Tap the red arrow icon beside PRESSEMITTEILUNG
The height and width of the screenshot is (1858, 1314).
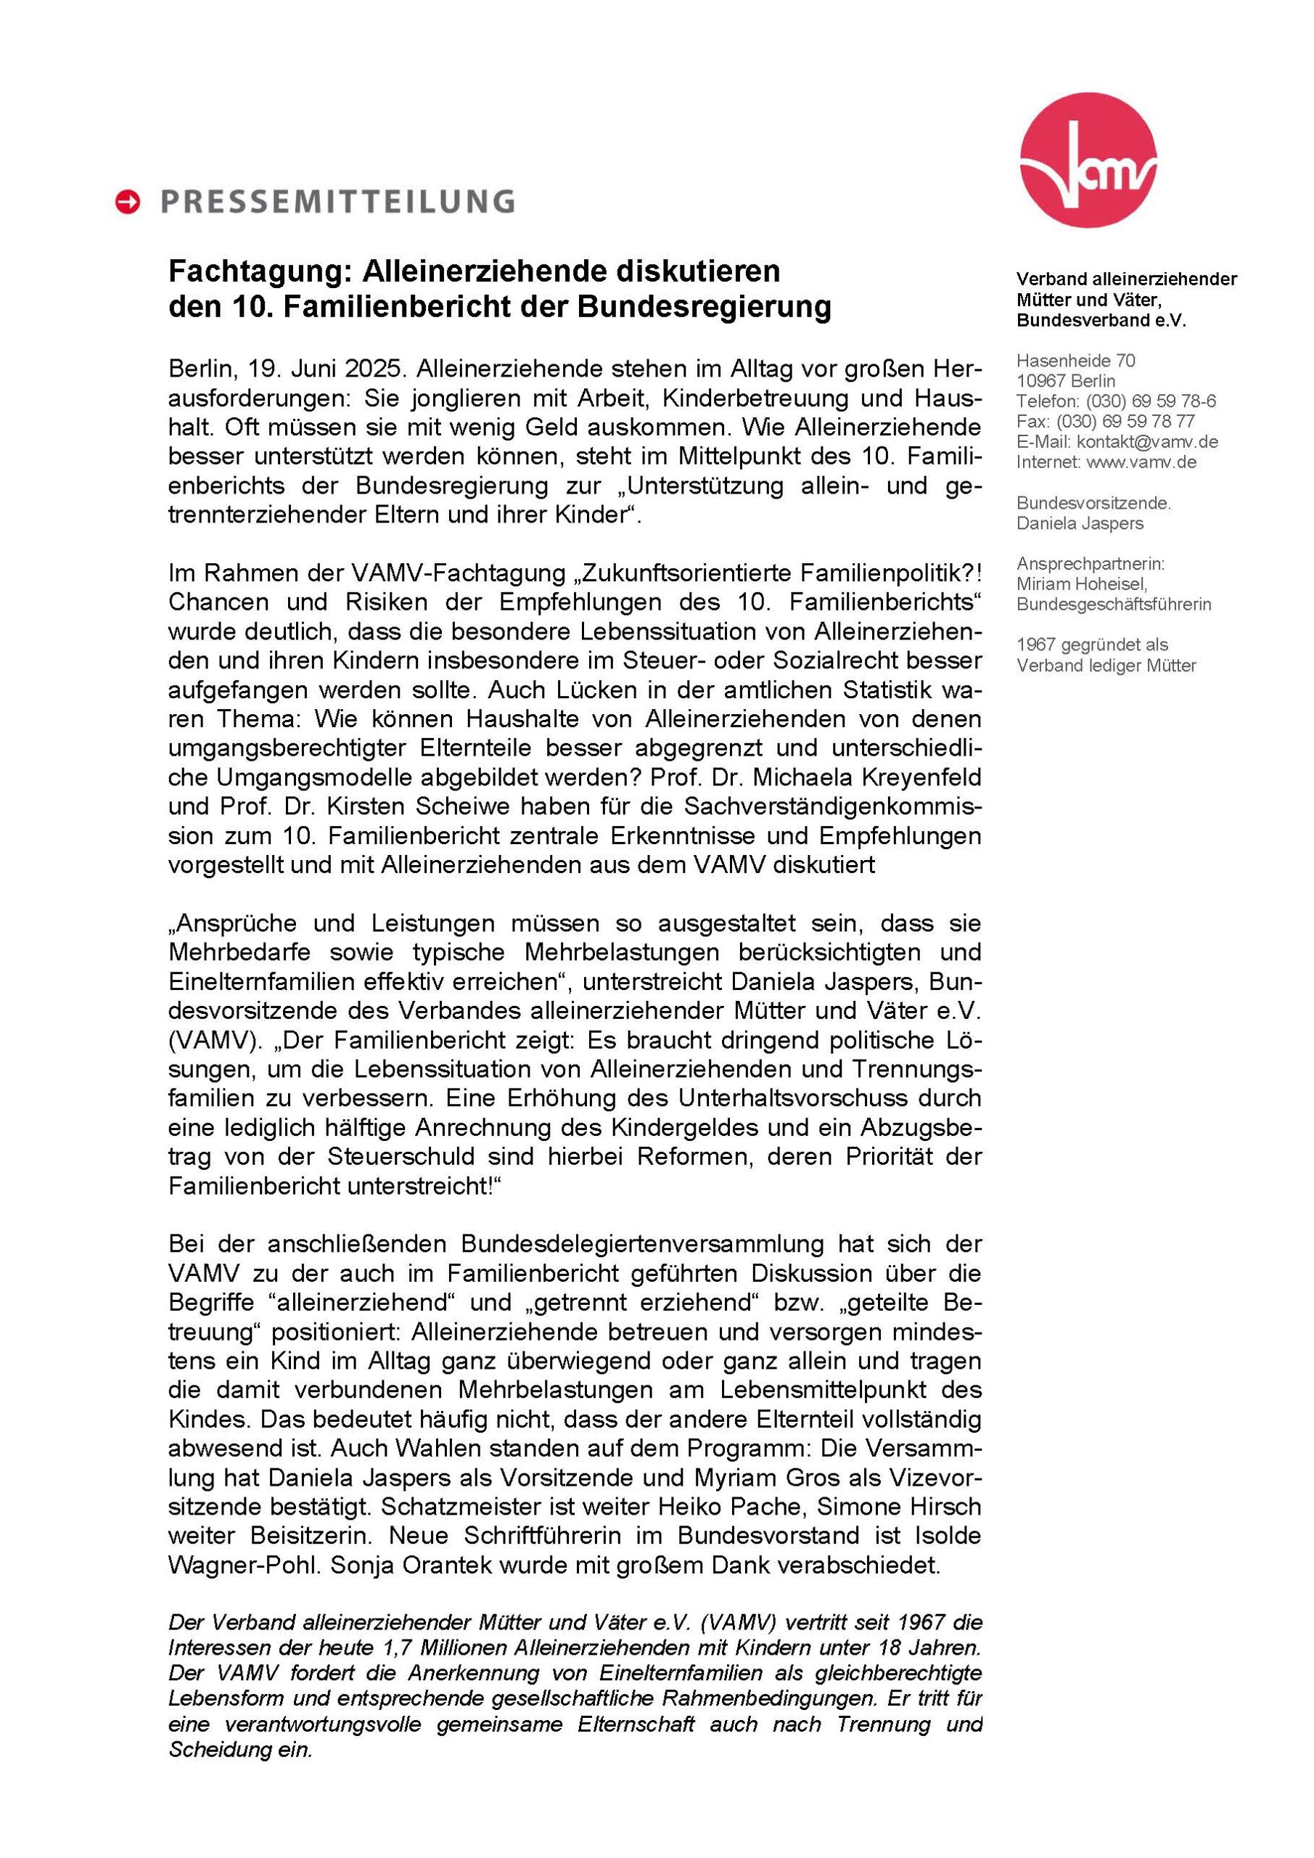[128, 202]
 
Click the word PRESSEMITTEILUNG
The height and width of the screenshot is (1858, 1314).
[337, 202]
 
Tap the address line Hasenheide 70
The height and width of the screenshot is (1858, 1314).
[1075, 361]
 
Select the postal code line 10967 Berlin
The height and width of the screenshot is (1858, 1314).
[1066, 381]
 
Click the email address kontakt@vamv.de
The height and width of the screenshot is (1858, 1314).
[1146, 442]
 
